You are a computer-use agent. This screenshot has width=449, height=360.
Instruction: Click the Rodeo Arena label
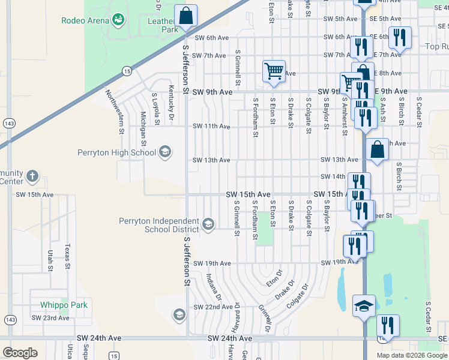pyautogui.click(x=85, y=20)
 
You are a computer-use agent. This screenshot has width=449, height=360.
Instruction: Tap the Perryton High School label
pyautogui.click(x=116, y=152)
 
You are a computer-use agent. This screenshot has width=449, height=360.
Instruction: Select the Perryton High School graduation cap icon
pyautogui.click(x=164, y=152)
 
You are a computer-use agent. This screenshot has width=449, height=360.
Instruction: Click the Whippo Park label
pyautogui.click(x=64, y=305)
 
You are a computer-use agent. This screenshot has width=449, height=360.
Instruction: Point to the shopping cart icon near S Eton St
pyautogui.click(x=274, y=71)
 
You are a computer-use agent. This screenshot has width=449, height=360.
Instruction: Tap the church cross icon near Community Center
pyautogui.click(x=32, y=177)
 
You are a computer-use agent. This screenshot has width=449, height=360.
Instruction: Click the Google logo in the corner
pyautogui.click(x=20, y=353)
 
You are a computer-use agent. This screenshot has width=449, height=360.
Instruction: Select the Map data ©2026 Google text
pyautogui.click(x=411, y=355)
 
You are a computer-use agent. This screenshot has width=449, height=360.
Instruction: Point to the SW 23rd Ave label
pyautogui.click(x=50, y=317)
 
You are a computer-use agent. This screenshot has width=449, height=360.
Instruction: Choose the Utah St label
pyautogui.click(x=50, y=259)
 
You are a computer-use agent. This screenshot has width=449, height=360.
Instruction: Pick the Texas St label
pyautogui.click(x=67, y=256)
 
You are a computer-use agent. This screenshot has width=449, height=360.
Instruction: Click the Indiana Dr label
pyautogui.click(x=214, y=287)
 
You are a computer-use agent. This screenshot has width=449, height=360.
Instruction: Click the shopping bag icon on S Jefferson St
pyautogui.click(x=186, y=17)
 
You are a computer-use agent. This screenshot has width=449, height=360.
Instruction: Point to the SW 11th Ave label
pyautogui.click(x=211, y=127)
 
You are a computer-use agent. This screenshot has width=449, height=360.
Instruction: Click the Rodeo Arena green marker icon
pyautogui.click(x=119, y=20)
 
